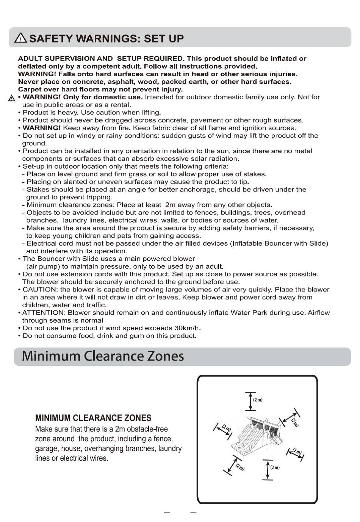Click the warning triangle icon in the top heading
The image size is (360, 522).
(21, 38)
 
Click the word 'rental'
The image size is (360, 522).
(119, 105)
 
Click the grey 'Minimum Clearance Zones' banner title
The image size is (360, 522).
(103, 356)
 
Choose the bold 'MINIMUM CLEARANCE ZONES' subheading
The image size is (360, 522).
(93, 418)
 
